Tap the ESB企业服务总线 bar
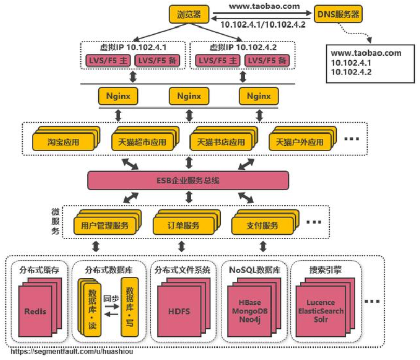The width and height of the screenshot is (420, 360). (x=187, y=180)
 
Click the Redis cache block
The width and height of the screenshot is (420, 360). (x=35, y=312)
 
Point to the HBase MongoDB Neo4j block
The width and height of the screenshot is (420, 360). (x=251, y=311)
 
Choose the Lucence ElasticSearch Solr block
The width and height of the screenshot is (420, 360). (x=320, y=311)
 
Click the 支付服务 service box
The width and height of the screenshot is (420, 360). (x=262, y=225)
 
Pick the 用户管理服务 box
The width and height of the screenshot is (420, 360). (x=104, y=225)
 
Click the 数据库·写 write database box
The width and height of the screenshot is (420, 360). (x=130, y=306)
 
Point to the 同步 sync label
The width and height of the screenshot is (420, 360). (x=111, y=299)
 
